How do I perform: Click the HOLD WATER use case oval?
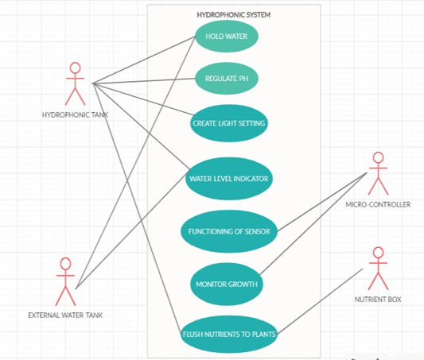[x=227, y=37]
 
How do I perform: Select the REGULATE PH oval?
[x=227, y=79]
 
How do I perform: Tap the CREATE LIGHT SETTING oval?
[x=229, y=123]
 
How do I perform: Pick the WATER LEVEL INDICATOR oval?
[x=229, y=179]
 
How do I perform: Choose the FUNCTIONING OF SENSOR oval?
[x=229, y=231]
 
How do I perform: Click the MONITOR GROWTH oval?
[x=227, y=285]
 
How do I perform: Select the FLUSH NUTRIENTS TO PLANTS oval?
[x=229, y=335]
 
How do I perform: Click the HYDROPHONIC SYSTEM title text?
[x=234, y=15]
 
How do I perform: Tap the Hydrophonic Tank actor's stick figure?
[x=75, y=84]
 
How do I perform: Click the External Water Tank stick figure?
[x=65, y=281]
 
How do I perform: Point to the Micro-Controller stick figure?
[x=379, y=173]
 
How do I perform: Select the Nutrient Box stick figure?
[x=379, y=269]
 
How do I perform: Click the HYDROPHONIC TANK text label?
[x=75, y=115]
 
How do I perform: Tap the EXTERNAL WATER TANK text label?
[x=65, y=315]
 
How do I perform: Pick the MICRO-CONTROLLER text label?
[x=378, y=204]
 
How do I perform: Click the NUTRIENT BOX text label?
[x=378, y=300]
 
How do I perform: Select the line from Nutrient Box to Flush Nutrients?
[x=320, y=301]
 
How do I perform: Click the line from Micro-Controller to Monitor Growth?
[x=313, y=223]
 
